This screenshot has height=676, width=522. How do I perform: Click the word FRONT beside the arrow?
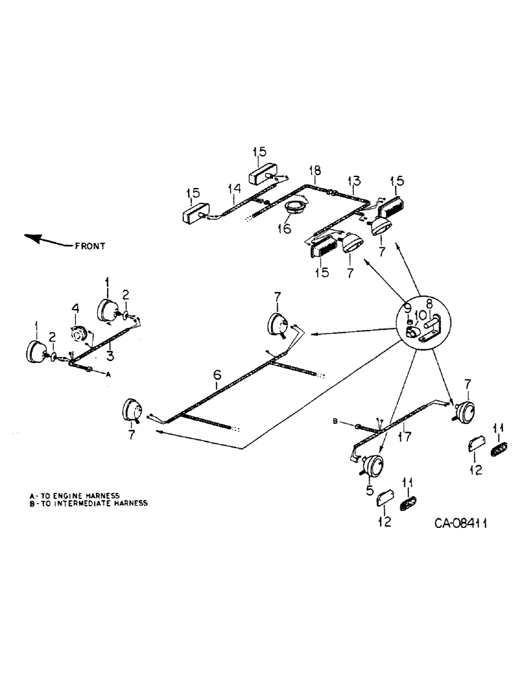tap(91, 246)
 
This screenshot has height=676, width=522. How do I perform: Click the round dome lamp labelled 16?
tap(295, 209)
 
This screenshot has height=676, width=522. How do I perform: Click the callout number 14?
tap(234, 188)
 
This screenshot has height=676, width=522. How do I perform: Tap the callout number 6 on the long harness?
tap(217, 374)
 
